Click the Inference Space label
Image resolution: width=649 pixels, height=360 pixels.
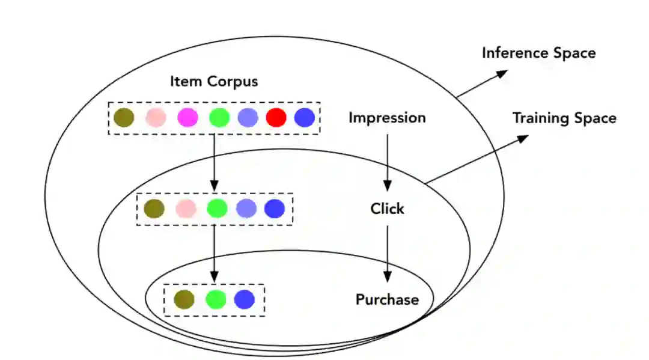(x=538, y=53)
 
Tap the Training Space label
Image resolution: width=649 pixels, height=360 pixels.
(x=564, y=118)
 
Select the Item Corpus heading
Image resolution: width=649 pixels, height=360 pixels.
(x=213, y=81)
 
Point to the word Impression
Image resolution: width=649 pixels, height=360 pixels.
(x=387, y=118)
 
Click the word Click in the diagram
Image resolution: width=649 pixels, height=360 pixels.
(x=387, y=209)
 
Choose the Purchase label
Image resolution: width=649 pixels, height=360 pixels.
(x=387, y=299)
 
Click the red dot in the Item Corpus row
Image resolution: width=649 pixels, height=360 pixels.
(x=276, y=117)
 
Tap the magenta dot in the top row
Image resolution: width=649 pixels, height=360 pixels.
(x=187, y=117)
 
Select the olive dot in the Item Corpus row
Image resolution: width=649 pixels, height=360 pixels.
(x=124, y=117)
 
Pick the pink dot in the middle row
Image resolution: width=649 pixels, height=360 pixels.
(x=186, y=209)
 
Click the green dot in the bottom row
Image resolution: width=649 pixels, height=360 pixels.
(x=215, y=299)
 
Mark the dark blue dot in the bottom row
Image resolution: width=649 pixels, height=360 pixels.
(x=245, y=299)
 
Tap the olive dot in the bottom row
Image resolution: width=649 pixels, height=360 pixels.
(x=184, y=299)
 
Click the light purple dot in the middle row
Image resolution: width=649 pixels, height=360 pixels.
(x=246, y=209)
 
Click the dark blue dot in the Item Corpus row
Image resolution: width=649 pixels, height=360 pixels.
(x=305, y=117)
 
